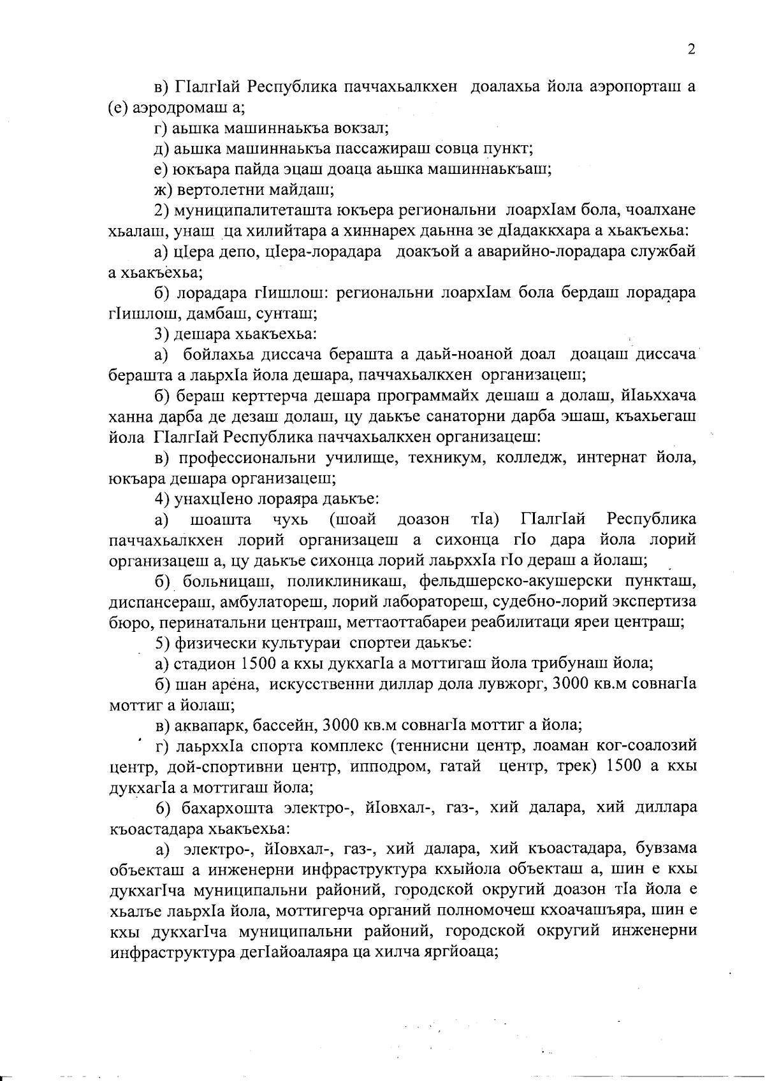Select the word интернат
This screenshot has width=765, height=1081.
coord(599,457)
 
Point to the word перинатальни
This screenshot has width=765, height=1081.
coord(204,622)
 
